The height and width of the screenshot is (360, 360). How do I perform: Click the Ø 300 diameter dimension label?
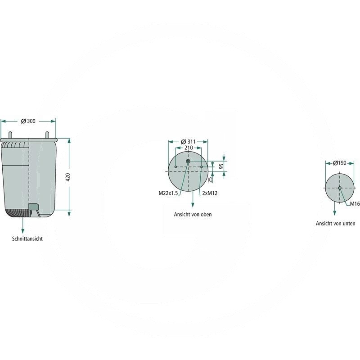pyautogui.click(x=28, y=121)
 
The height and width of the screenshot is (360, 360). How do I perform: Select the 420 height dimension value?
pyautogui.click(x=68, y=177)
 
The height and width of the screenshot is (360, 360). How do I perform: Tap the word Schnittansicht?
pyautogui.click(x=27, y=238)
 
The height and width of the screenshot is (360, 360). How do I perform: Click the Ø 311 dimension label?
pyautogui.click(x=188, y=142)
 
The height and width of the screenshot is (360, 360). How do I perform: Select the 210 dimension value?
pyautogui.click(x=189, y=148)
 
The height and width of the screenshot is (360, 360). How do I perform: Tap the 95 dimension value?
pyautogui.click(x=221, y=166)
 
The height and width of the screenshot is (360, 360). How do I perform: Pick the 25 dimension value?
pyautogui.click(x=210, y=180)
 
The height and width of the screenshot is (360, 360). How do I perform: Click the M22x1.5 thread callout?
pyautogui.click(x=168, y=193)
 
